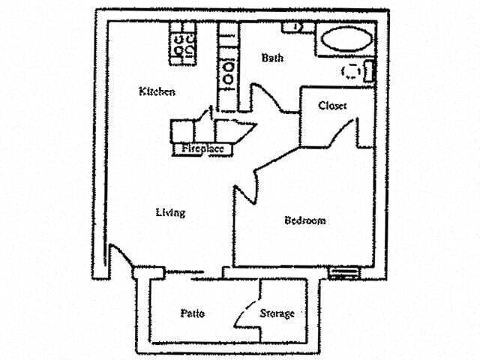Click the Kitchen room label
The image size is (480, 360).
click(157, 91)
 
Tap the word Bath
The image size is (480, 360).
click(271, 58)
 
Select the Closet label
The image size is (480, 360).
click(332, 106)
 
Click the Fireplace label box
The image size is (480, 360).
click(202, 149)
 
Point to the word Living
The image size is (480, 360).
click(170, 212)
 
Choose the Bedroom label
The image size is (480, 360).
click(304, 220)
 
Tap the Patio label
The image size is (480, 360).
click(193, 313)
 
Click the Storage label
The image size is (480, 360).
click(277, 313)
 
